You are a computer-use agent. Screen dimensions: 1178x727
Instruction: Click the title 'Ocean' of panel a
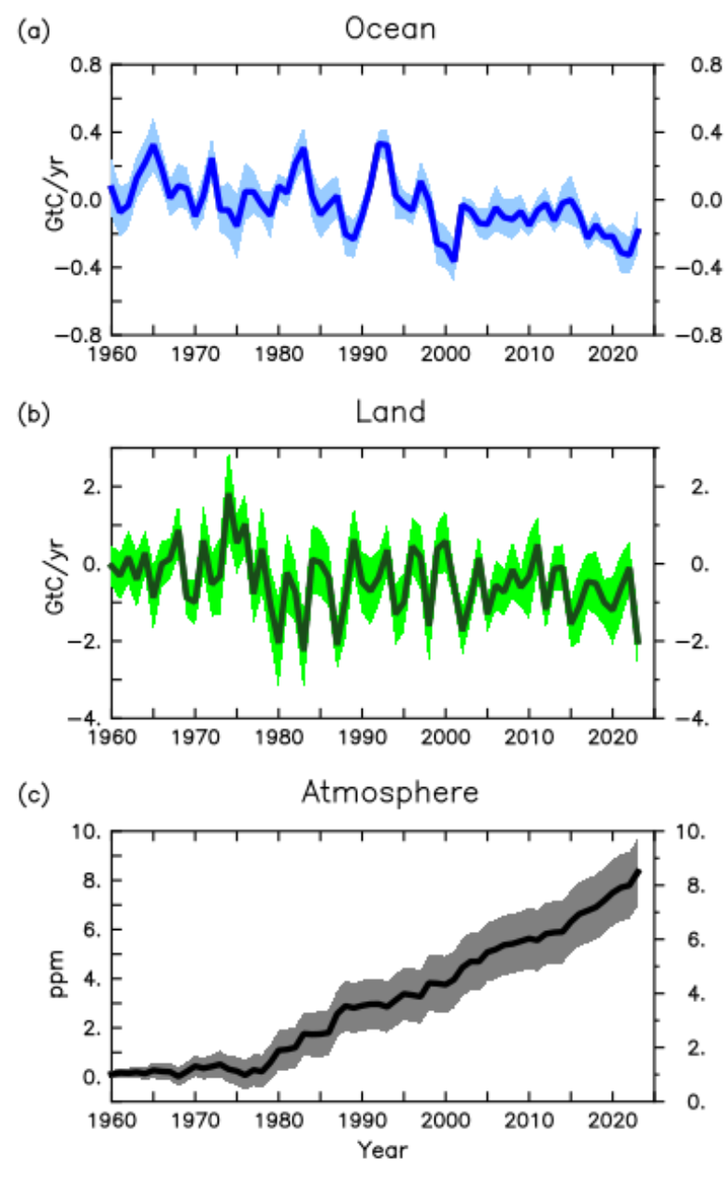(389, 29)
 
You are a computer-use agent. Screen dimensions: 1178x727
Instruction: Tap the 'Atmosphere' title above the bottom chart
(389, 793)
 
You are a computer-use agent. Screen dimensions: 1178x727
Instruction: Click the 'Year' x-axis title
(383, 1149)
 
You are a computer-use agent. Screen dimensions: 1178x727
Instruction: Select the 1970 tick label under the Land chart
(195, 737)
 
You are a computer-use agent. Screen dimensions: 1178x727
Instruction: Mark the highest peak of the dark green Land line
(228, 497)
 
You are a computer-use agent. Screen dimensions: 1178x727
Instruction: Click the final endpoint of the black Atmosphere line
(638, 871)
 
